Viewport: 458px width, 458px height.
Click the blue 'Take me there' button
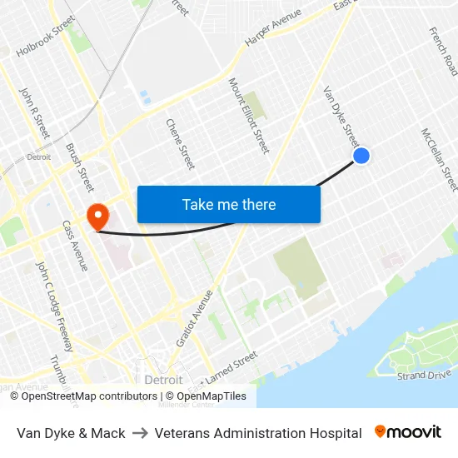tap(229, 204)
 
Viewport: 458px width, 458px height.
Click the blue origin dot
tap(361, 156)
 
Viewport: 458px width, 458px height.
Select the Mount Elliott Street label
tap(249, 116)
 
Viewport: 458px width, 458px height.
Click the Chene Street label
tap(181, 143)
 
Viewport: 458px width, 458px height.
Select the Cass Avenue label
tap(75, 246)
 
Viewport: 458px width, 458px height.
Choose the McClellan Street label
tap(439, 158)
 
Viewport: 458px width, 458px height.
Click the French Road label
tap(443, 51)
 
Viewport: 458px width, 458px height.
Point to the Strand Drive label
tap(424, 376)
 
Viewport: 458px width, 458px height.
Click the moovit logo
tap(408, 432)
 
